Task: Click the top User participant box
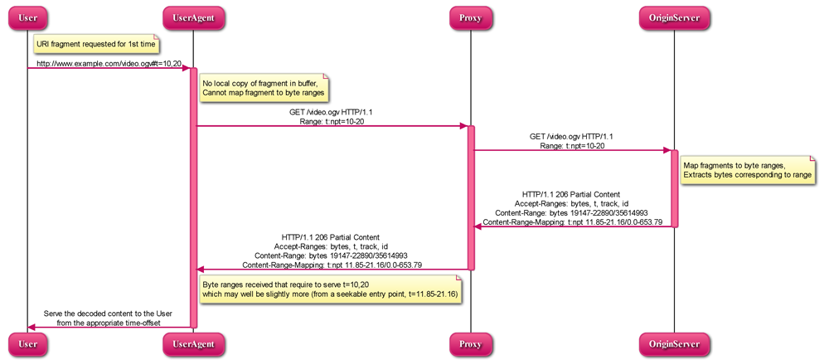click(x=27, y=17)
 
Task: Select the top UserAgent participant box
click(x=192, y=17)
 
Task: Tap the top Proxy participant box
click(x=470, y=17)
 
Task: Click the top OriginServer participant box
click(x=674, y=17)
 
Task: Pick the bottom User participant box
click(x=27, y=343)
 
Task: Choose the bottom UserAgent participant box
click(x=192, y=343)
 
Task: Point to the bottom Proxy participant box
click(x=470, y=343)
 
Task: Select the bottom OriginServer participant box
click(x=674, y=343)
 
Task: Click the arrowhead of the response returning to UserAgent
click(x=200, y=269)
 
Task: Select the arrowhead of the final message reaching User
click(x=32, y=328)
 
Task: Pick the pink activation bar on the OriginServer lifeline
click(x=674, y=188)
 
